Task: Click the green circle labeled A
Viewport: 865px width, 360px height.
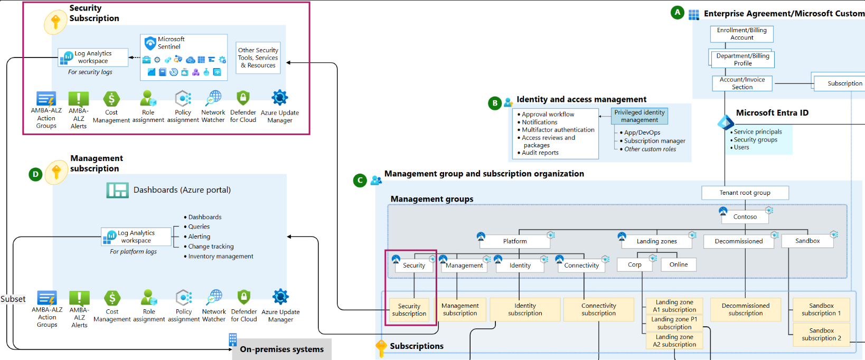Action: (x=678, y=13)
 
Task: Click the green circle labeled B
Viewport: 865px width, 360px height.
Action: (x=495, y=103)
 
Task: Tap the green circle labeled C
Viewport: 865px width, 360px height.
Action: (x=360, y=181)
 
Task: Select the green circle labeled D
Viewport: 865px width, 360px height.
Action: (x=35, y=174)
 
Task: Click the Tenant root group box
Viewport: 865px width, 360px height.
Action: (x=745, y=193)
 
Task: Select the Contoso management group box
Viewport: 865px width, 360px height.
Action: (x=745, y=216)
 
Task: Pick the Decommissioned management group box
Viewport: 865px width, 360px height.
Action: (x=738, y=241)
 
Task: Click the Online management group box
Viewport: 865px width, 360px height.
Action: (x=679, y=264)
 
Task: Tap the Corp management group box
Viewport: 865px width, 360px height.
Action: (x=635, y=264)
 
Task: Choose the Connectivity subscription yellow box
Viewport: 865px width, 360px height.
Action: (x=598, y=309)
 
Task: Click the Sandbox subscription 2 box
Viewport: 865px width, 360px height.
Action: (x=821, y=335)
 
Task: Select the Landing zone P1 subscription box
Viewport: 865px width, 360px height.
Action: (x=674, y=323)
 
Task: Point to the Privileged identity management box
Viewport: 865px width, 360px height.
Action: (x=640, y=116)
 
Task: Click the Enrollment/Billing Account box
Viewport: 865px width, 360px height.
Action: (x=741, y=34)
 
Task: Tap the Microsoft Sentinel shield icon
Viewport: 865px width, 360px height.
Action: (x=150, y=43)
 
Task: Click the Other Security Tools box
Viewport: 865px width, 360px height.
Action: (x=258, y=58)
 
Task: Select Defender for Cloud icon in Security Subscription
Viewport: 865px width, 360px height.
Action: (x=243, y=98)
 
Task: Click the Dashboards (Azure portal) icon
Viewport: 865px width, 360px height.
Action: (x=117, y=190)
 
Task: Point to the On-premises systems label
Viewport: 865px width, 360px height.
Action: (x=281, y=349)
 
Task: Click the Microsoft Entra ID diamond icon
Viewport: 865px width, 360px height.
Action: (x=725, y=122)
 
